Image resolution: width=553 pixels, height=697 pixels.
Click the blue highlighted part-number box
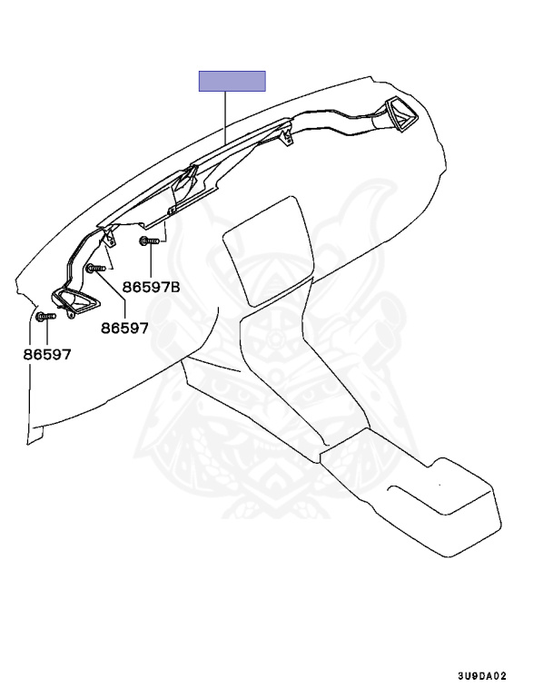(232, 82)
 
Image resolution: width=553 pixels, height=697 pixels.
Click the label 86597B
(152, 287)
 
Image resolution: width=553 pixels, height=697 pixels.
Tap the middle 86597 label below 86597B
(124, 328)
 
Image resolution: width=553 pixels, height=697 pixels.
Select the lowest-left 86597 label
(47, 354)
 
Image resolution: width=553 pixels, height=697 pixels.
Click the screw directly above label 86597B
(149, 241)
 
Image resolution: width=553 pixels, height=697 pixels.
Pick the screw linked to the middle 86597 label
(94, 268)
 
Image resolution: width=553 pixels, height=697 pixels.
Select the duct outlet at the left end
(72, 302)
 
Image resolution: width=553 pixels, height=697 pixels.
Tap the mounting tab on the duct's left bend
(110, 238)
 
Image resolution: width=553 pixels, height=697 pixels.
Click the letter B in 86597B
(175, 287)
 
